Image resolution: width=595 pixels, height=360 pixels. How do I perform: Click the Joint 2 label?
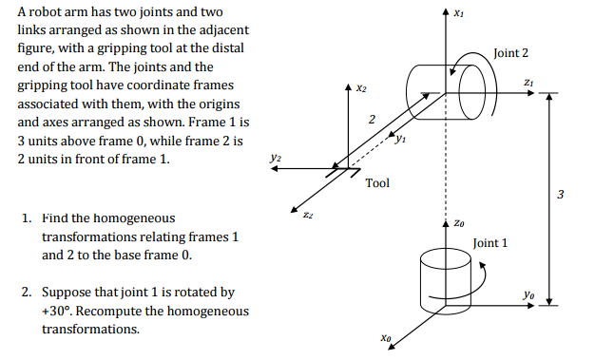click(511, 53)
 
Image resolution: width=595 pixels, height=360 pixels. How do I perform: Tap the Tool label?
click(377, 182)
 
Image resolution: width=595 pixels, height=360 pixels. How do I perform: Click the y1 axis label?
click(401, 142)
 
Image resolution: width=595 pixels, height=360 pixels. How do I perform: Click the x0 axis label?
click(384, 336)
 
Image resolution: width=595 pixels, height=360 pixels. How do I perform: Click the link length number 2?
click(372, 118)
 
